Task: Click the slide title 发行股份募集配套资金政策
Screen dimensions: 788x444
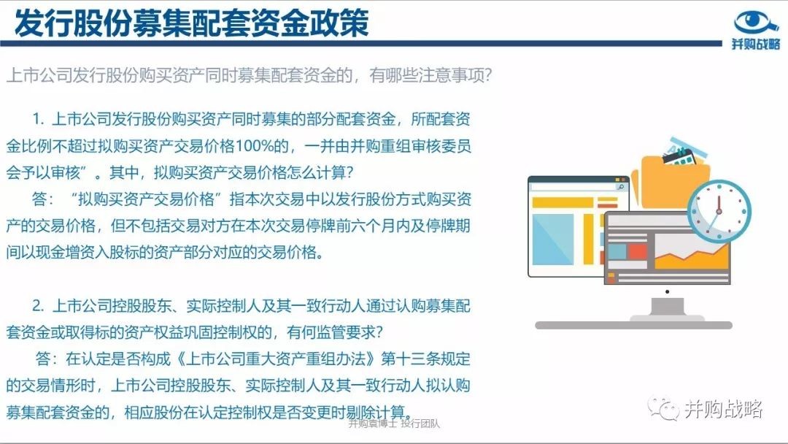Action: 191,23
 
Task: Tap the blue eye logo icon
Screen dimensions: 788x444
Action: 756,22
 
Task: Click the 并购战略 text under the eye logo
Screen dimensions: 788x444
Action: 755,44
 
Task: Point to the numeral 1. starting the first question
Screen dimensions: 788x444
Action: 39,120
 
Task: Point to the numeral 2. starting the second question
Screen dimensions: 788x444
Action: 39,306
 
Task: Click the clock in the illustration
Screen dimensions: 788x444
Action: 719,210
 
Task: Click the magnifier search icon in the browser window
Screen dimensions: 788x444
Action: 621,187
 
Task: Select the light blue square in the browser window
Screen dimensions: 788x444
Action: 553,239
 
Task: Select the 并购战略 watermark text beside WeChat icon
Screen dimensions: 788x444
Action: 724,409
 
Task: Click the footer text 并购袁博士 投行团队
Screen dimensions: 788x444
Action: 394,424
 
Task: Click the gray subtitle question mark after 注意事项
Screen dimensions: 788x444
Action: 486,76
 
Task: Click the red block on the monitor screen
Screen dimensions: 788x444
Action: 637,250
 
